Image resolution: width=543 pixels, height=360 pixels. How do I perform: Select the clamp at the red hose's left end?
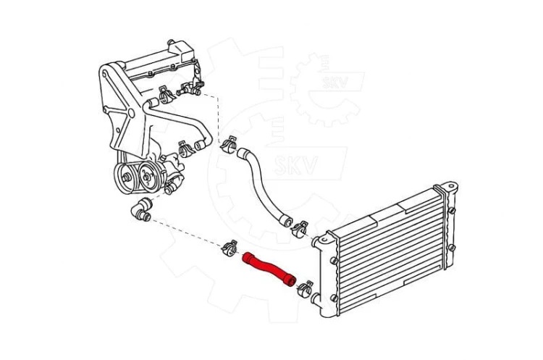click(x=230, y=248)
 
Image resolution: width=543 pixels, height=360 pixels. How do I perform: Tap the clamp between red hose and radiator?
click(x=305, y=289)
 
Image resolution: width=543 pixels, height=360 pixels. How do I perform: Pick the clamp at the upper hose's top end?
click(x=229, y=144)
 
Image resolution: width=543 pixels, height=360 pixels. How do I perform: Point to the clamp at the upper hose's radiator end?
click(x=300, y=229)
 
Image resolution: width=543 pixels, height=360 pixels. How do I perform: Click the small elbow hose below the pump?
click(x=141, y=209)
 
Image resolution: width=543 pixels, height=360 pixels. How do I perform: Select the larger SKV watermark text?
click(x=296, y=165)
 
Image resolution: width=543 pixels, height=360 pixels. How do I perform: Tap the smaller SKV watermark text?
click(x=335, y=82)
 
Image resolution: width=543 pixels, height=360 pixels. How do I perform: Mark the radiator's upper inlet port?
click(x=316, y=240)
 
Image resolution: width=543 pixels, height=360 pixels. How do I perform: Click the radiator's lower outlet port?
click(x=315, y=298)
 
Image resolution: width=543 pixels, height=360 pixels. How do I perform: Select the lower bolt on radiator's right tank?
click(x=451, y=248)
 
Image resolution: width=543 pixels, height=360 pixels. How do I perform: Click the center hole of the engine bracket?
click(x=131, y=112)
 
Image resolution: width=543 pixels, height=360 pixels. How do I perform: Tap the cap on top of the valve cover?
click(x=170, y=42)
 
